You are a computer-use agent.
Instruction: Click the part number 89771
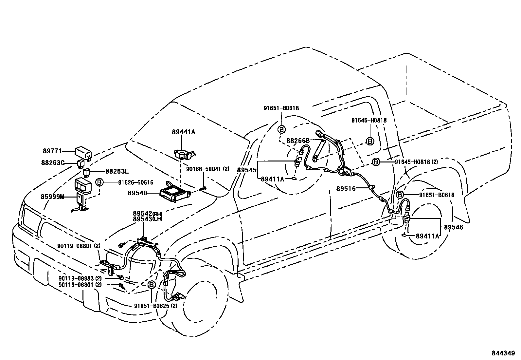click(x=52, y=151)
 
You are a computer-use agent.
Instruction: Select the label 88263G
click(x=52, y=162)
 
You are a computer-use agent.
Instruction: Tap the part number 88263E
click(x=117, y=171)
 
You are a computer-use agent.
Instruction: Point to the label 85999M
click(x=52, y=197)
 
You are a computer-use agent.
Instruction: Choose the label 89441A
click(x=183, y=132)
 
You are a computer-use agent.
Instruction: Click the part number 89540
click(x=137, y=194)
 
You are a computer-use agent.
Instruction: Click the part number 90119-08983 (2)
click(x=80, y=278)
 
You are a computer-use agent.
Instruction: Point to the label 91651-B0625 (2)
click(x=155, y=306)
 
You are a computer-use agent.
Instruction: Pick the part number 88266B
click(x=298, y=141)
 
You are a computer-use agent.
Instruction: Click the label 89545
click(x=247, y=170)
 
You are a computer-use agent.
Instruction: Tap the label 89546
click(x=454, y=227)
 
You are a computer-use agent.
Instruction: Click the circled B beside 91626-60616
click(x=99, y=182)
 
